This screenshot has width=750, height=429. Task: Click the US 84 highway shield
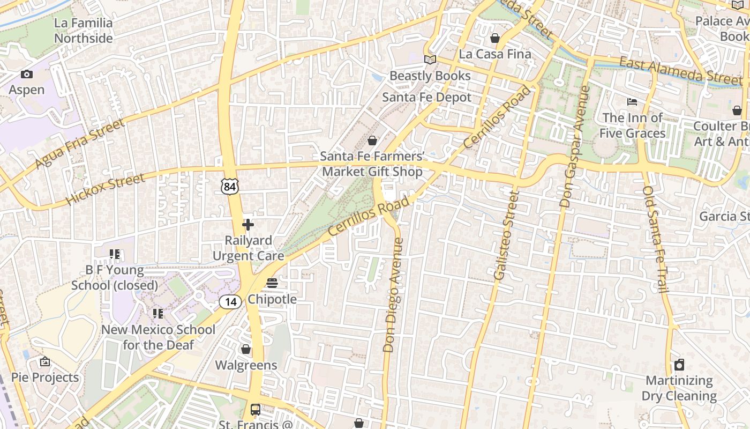pyautogui.click(x=229, y=186)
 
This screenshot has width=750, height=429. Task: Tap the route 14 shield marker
pyautogui.click(x=230, y=302)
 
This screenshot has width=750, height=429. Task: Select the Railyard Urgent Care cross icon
pyautogui.click(x=248, y=225)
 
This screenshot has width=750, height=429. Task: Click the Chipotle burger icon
pyautogui.click(x=272, y=283)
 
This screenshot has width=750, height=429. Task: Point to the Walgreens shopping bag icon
pyautogui.click(x=246, y=350)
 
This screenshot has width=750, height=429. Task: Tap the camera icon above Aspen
pyautogui.click(x=26, y=75)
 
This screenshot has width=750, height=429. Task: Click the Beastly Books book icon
pyautogui.click(x=430, y=60)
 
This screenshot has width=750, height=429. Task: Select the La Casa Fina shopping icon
pyautogui.click(x=495, y=38)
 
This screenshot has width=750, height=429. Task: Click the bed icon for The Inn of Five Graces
pyautogui.click(x=632, y=102)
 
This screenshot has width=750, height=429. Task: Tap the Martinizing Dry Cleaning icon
pyautogui.click(x=679, y=365)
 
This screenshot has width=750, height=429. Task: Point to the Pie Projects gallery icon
pyautogui.click(x=45, y=362)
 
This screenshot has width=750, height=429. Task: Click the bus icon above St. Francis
pyautogui.click(x=256, y=410)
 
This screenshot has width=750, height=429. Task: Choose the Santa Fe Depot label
pyautogui.click(x=426, y=98)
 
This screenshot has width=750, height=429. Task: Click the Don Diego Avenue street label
pyautogui.click(x=393, y=295)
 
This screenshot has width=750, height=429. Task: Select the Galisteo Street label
pyautogui.click(x=506, y=235)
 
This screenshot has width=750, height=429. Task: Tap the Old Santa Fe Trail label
pyautogui.click(x=655, y=239)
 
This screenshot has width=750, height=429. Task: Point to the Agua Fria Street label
pyautogui.click(x=80, y=143)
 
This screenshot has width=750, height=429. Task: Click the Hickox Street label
pyautogui.click(x=105, y=189)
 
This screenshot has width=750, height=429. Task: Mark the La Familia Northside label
pyautogui.click(x=84, y=31)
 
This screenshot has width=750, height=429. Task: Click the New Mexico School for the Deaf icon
pyautogui.click(x=157, y=313)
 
